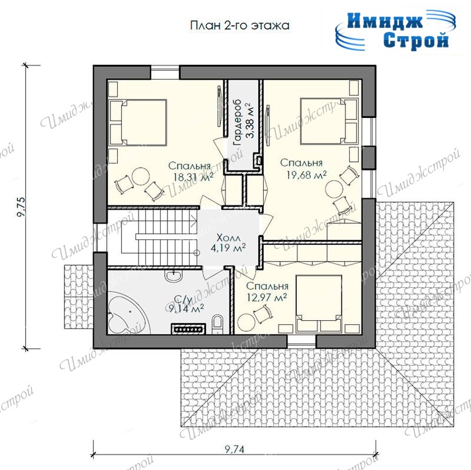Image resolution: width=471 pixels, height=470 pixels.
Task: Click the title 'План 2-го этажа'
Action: [x=240, y=25]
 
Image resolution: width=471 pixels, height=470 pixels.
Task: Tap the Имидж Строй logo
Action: [x=395, y=30]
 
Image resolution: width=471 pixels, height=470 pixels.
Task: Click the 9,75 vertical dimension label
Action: [x=21, y=207]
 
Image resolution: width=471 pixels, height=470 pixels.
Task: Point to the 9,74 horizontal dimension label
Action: [x=234, y=449]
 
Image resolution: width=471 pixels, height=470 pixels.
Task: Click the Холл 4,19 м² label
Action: [x=229, y=243]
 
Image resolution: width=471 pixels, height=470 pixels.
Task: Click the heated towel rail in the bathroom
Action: [x=188, y=329]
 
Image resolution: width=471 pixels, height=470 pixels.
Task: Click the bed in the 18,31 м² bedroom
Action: [x=138, y=123]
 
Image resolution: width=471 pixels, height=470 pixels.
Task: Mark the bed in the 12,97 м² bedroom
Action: [x=319, y=304]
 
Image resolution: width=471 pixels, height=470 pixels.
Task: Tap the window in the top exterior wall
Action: [x=165, y=72]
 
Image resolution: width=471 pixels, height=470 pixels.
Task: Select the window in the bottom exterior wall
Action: [x=302, y=341]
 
